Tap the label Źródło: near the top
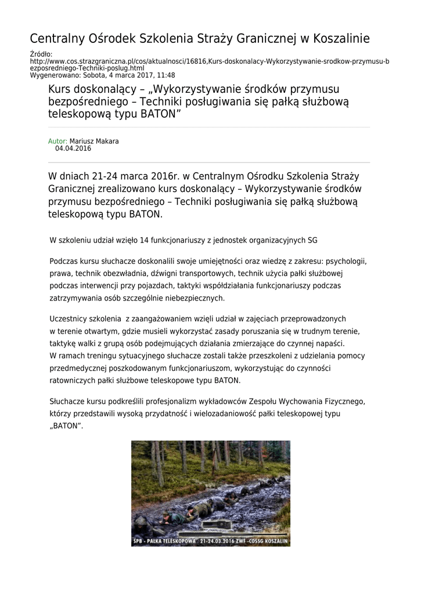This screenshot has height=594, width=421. [41, 54]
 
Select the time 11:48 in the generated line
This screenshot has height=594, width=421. [166, 75]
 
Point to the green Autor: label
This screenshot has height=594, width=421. [57, 141]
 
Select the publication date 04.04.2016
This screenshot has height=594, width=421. [73, 148]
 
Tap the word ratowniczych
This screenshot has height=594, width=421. [73, 381]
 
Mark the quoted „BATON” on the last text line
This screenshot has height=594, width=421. [66, 426]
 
